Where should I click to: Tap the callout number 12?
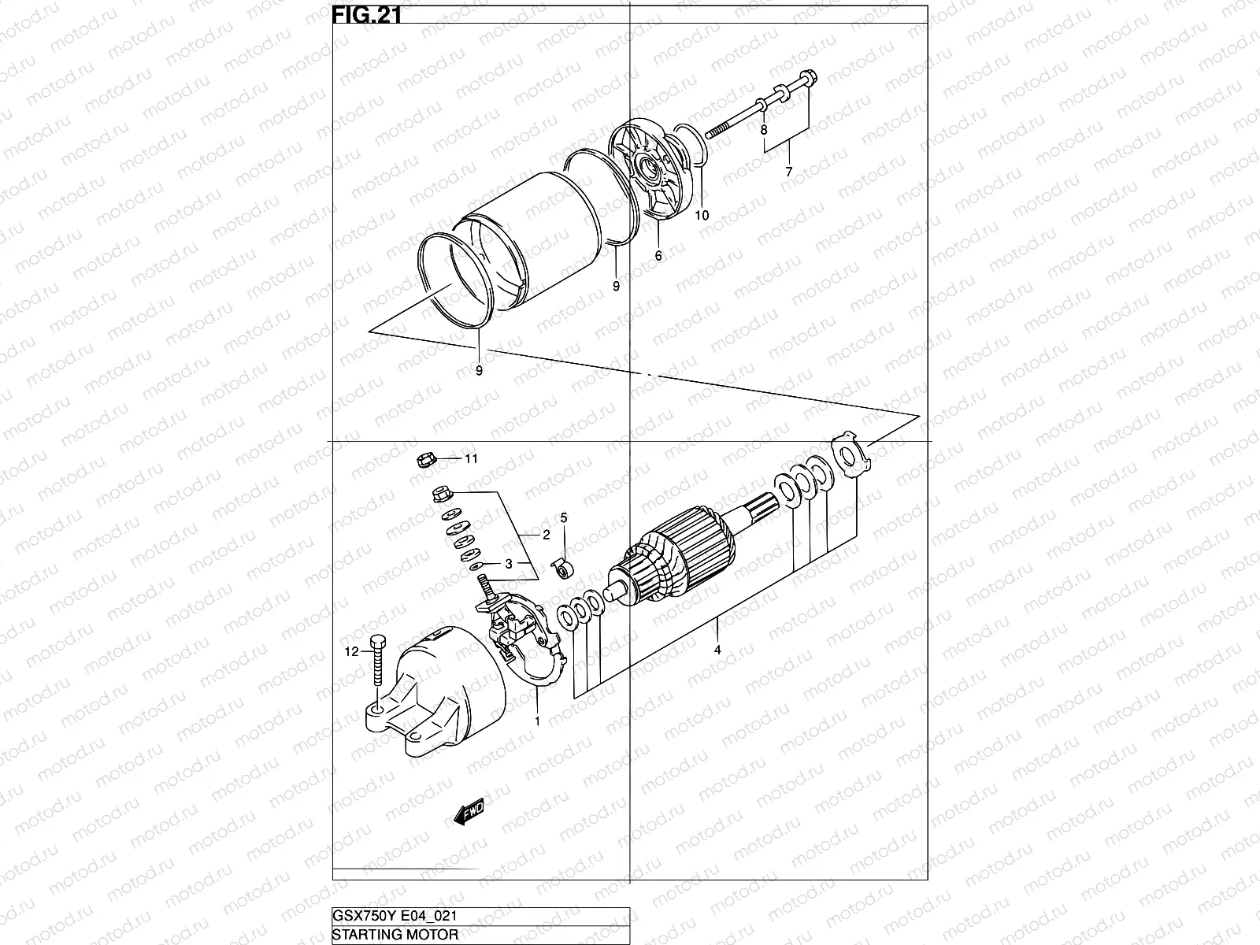[352, 651]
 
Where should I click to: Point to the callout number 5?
[564, 517]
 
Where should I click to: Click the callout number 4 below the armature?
[717, 650]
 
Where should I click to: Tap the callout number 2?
[546, 535]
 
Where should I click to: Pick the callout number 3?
[509, 564]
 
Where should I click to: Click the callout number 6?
[658, 256]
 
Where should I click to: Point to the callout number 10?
[702, 215]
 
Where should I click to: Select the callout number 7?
[789, 171]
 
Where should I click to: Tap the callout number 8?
[763, 128]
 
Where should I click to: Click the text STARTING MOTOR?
[395, 935]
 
